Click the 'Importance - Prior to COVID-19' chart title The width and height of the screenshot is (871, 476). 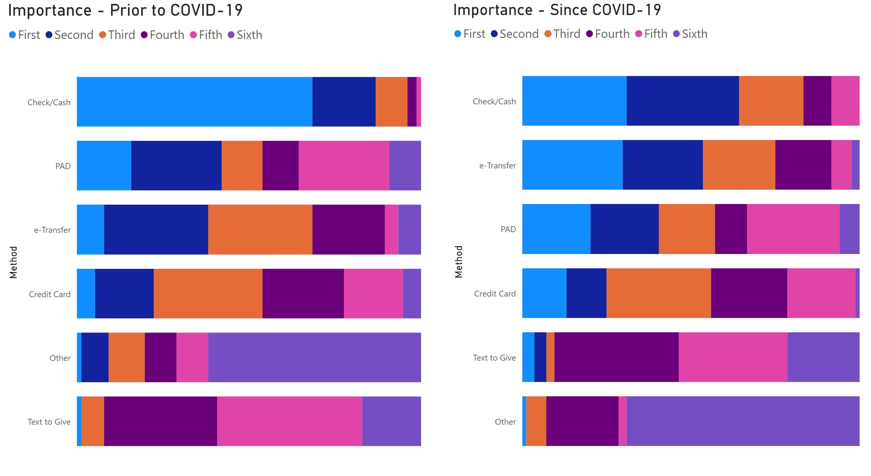[x=125, y=10]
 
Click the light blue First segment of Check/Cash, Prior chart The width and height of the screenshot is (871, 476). [x=195, y=102]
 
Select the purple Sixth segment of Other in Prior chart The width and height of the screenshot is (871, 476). [x=315, y=357]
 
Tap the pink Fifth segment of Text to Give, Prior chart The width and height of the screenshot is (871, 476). [x=289, y=421]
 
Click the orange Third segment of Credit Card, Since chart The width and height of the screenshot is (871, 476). [x=659, y=293]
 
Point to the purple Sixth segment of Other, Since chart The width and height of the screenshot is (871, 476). [x=743, y=421]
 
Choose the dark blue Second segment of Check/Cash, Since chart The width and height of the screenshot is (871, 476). [x=682, y=101]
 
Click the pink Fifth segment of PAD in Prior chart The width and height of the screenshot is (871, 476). [x=344, y=166]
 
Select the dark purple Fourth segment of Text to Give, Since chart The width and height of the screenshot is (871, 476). [x=616, y=357]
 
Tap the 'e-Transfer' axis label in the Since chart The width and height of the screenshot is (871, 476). [x=497, y=166]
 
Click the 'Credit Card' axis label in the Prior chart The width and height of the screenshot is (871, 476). [x=50, y=294]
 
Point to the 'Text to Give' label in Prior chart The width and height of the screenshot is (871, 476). [x=49, y=422]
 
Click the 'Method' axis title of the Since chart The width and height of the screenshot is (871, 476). [x=458, y=262]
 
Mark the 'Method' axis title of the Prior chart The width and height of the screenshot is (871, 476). [x=13, y=262]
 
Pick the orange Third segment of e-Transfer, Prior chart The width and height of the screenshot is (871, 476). [x=260, y=229]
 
